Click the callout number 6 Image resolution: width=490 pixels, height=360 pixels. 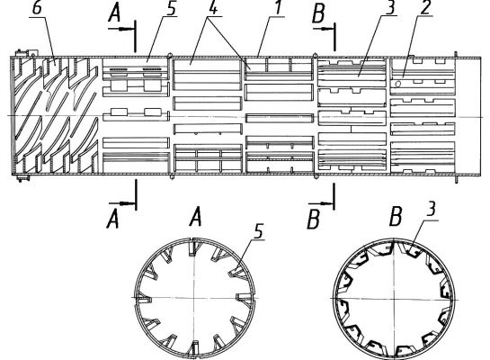tap(37, 8)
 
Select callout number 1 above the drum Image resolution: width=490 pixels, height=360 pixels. tap(279, 7)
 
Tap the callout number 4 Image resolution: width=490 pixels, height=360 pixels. tap(212, 8)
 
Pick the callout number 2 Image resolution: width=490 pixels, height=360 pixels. tap(425, 8)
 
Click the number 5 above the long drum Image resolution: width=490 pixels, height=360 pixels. tap(171, 8)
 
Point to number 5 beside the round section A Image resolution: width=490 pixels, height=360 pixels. tap(259, 231)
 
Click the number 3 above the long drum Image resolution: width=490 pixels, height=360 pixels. tap(390, 7)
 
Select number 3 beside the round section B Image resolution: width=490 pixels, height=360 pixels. tap(431, 209)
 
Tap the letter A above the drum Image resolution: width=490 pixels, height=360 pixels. tap(114, 13)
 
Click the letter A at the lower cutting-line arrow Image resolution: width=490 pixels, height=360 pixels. tap(112, 220)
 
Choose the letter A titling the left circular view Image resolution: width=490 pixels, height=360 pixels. tap(195, 218)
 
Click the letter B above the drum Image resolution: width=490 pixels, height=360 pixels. tap(318, 14)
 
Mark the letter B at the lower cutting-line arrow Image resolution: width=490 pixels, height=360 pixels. tap(314, 220)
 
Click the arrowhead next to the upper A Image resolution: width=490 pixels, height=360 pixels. tap(126, 29)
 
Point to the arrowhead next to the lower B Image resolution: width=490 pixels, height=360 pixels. tap(326, 203)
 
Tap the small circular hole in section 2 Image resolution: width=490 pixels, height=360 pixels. tap(398, 84)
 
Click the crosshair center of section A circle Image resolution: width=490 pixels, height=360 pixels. tap(194, 297)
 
